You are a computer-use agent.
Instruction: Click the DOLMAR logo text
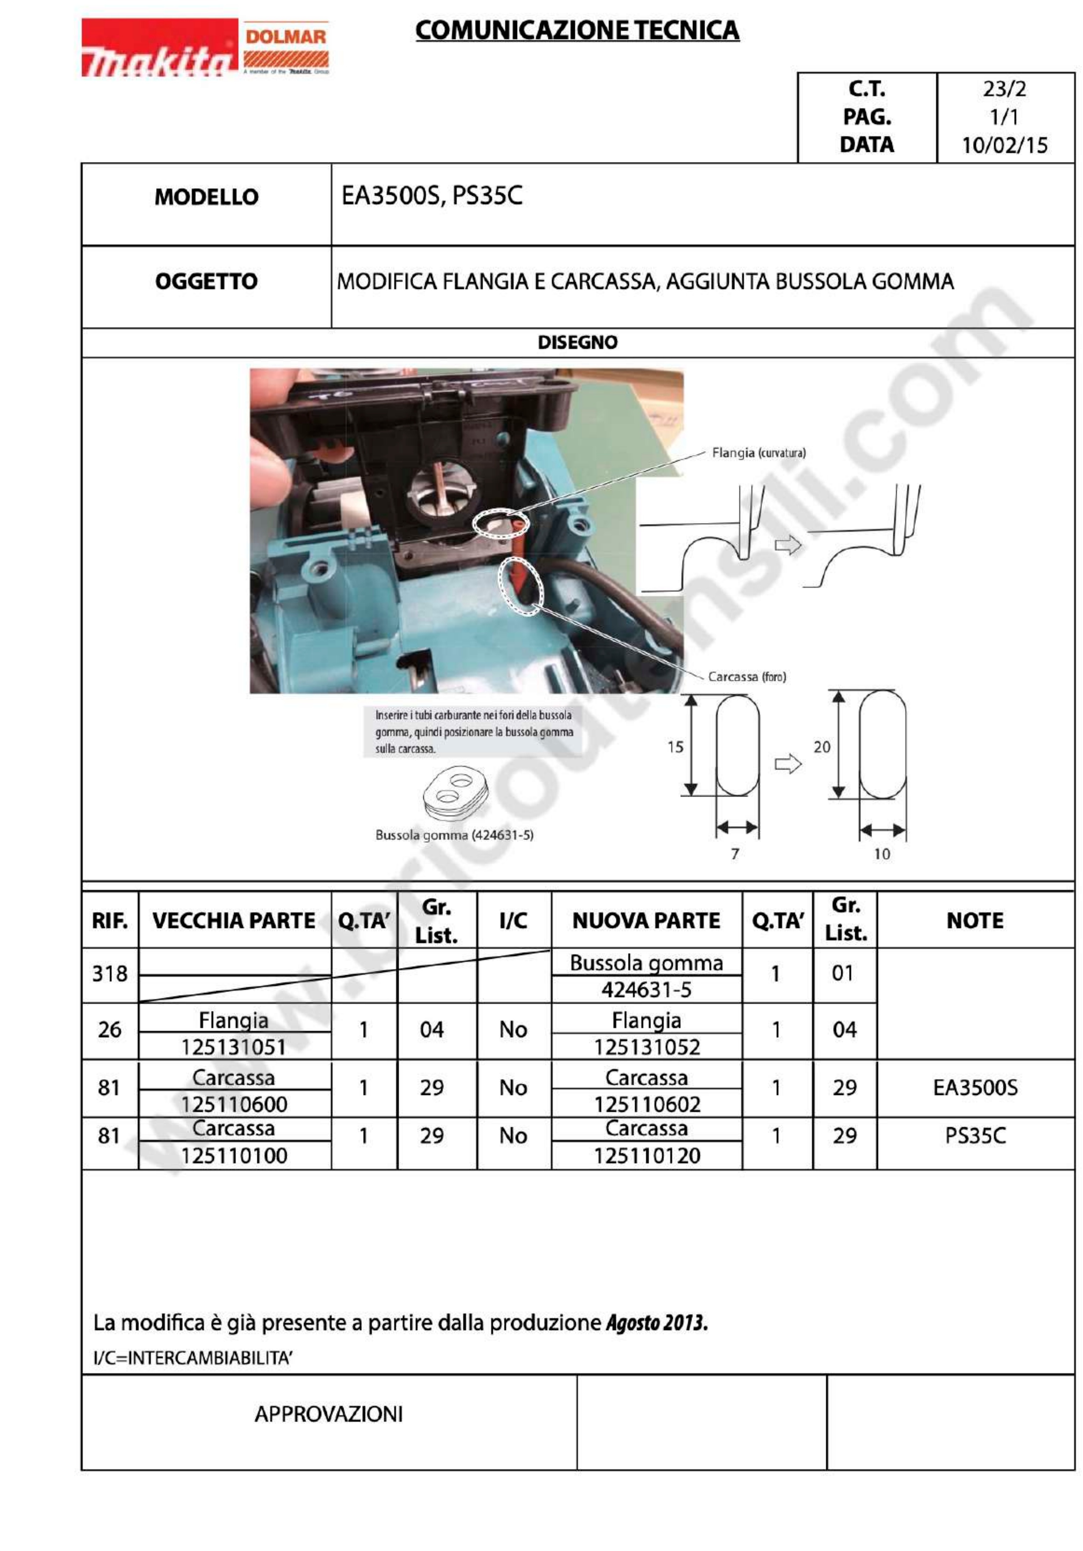[285, 36]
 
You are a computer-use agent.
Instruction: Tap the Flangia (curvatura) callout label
[758, 453]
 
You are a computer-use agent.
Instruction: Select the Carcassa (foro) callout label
[746, 676]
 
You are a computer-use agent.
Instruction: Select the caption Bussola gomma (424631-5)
[454, 835]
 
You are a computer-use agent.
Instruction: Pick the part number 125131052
[646, 1047]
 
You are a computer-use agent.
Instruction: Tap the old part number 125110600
[234, 1104]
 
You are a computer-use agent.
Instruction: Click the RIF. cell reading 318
[109, 973]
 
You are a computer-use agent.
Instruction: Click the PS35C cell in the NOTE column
[975, 1135]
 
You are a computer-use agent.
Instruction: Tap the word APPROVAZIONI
[328, 1414]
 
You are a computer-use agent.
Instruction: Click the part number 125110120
[646, 1156]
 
